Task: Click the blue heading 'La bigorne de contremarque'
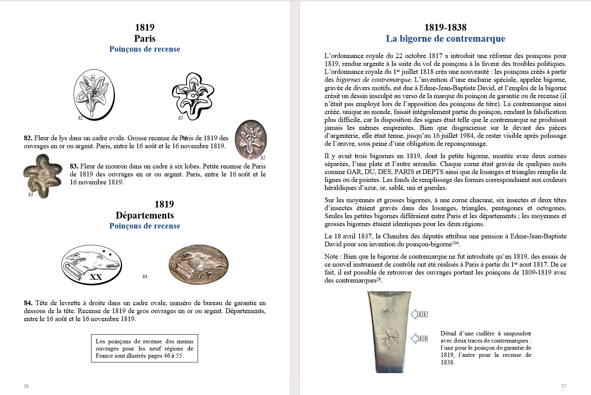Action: pyautogui.click(x=445, y=39)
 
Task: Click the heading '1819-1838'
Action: pyautogui.click(x=445, y=27)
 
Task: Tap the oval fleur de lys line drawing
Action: pyautogui.click(x=94, y=94)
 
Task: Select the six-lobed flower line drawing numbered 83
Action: pyautogui.click(x=193, y=96)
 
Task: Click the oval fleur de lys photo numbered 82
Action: pyautogui.click(x=251, y=139)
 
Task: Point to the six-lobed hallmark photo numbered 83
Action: pyautogui.click(x=42, y=175)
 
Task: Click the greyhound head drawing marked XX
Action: pyautogui.click(x=91, y=265)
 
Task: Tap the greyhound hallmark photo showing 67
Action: pyautogui.click(x=198, y=264)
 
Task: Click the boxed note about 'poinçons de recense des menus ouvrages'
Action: pyautogui.click(x=144, y=349)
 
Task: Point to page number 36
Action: pyautogui.click(x=26, y=386)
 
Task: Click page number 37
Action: pyautogui.click(x=564, y=386)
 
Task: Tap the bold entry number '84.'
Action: pyautogui.click(x=28, y=303)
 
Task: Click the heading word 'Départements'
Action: pyautogui.click(x=145, y=215)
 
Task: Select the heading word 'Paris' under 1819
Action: pyautogui.click(x=145, y=39)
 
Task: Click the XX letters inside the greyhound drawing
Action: pyautogui.click(x=95, y=277)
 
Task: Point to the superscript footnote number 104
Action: pyautogui.click(x=455, y=242)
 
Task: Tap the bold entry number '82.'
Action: pyautogui.click(x=28, y=138)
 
